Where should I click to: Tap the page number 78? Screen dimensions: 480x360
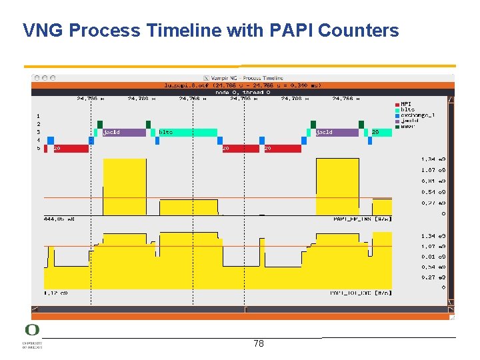pos(259,343)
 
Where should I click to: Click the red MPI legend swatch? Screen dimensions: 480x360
pos(397,103)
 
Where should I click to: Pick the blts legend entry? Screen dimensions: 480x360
pos(407,109)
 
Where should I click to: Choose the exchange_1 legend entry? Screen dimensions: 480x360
pos(416,115)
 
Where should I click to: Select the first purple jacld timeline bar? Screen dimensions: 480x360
pos(123,132)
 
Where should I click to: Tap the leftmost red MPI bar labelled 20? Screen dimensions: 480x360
pos(67,148)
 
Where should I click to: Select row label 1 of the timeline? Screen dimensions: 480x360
pos(39,116)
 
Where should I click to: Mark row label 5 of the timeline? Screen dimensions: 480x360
pos(39,148)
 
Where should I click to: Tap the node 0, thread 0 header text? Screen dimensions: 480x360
pos(243,92)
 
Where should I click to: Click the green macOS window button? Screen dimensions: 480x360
pos(52,77)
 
